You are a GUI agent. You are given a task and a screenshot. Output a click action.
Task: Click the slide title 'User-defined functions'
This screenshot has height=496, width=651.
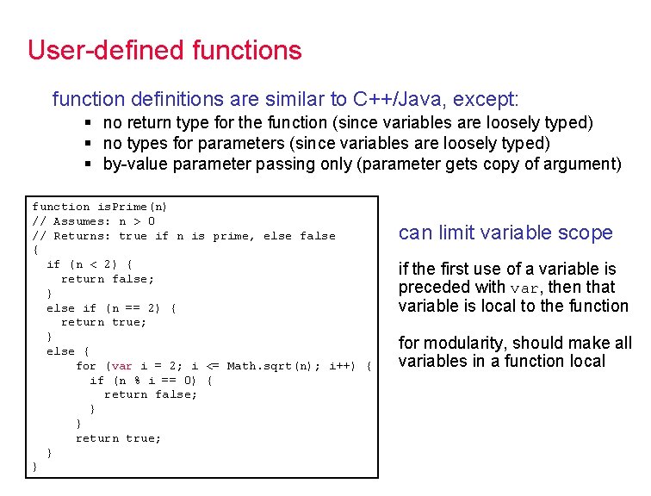(x=164, y=50)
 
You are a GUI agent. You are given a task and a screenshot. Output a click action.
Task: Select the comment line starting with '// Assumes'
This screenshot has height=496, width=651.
(x=93, y=221)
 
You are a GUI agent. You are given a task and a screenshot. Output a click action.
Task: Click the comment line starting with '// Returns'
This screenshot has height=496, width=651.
(x=183, y=236)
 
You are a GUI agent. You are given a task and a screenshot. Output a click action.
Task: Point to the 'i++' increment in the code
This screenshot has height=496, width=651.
(x=342, y=366)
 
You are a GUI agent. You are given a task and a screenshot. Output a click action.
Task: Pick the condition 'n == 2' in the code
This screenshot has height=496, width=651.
(x=136, y=308)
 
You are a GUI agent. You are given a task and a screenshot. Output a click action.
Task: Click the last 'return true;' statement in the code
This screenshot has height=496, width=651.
(x=118, y=438)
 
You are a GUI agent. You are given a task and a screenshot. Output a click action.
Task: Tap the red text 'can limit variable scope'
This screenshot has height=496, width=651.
(x=505, y=232)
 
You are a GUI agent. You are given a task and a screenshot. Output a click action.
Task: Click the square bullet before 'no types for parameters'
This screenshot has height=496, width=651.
(x=89, y=143)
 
